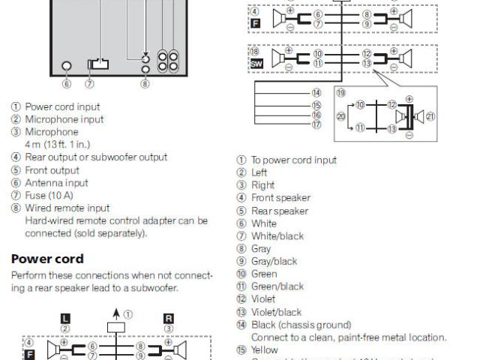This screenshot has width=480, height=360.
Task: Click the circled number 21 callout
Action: coord(430,116)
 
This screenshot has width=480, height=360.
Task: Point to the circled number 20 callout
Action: coord(341,116)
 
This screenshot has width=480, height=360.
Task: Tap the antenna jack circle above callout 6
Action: coord(67,65)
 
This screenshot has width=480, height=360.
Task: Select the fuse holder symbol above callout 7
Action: coord(98,64)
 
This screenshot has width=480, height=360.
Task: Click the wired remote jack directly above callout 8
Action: coord(145,70)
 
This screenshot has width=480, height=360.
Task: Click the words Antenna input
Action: coord(56,182)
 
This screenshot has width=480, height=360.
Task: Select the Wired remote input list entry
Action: coord(67,208)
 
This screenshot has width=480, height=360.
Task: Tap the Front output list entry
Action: coord(52,169)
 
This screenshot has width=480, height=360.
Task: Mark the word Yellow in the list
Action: coord(264,350)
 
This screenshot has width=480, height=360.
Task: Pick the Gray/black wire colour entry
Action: coord(274,261)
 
